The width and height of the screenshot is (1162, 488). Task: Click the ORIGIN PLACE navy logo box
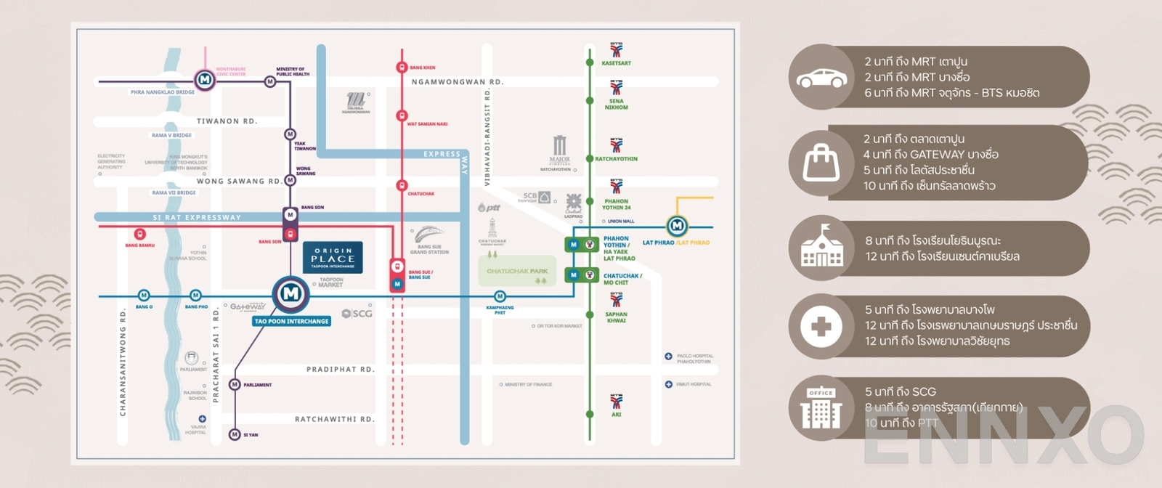coord(333,258)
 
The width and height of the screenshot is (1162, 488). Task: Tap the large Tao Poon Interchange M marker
coord(290,293)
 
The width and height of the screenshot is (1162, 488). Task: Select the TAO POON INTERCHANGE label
coord(292,321)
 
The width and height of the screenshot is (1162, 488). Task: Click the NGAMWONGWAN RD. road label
coord(458,82)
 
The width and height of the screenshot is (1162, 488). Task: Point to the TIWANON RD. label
coord(227,121)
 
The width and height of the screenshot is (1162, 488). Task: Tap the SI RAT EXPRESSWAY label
coord(197,217)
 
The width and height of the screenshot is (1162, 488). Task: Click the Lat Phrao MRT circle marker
coord(677,226)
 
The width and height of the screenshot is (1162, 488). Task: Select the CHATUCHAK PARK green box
coord(517,272)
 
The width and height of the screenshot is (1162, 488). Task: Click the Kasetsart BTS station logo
coord(617,50)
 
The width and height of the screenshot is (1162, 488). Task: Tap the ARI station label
coord(617,415)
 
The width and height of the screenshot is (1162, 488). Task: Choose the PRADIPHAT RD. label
coord(340,370)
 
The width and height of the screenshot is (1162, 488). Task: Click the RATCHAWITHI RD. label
coord(334,420)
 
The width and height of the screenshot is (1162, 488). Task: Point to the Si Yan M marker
coord(235,434)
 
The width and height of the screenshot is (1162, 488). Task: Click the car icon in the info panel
coord(821,78)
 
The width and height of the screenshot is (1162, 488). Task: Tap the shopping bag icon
coord(821,162)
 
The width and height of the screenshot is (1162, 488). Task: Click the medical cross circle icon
coord(821,327)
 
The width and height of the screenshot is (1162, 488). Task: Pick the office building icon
coord(821,408)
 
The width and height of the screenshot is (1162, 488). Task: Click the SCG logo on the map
coord(357,314)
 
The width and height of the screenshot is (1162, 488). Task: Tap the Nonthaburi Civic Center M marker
coord(205,79)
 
